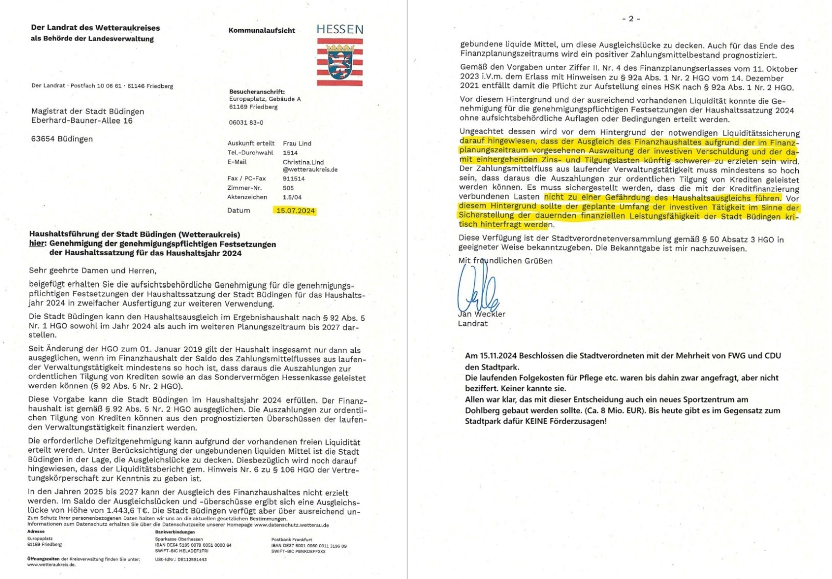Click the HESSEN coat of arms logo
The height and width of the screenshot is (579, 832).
click(340, 61)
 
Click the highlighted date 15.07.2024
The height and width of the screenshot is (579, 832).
click(296, 210)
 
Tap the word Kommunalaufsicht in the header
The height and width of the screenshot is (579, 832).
click(262, 30)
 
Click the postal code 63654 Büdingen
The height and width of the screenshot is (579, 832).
click(62, 139)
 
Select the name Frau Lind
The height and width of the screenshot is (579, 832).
click(297, 143)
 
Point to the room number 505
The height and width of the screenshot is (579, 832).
click(288, 188)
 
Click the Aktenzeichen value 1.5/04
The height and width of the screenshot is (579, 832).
click(292, 197)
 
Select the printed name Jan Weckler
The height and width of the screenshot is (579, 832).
click(481, 314)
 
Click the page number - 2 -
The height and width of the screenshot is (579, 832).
click(630, 19)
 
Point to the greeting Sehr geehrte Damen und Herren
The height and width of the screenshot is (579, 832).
click(92, 270)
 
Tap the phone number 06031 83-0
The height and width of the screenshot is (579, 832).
click(246, 123)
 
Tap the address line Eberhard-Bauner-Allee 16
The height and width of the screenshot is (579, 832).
click(82, 121)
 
